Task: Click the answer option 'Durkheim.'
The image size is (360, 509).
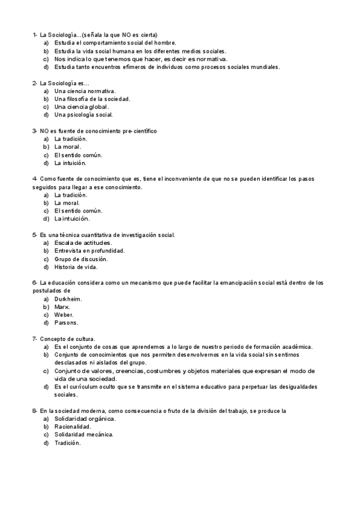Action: point(68,298)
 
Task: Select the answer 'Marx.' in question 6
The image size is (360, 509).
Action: point(62,306)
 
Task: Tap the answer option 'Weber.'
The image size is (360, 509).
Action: point(64,315)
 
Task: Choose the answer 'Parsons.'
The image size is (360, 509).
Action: point(67,322)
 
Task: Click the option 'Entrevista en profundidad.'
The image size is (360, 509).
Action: point(89,250)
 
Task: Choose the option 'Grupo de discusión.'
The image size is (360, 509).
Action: point(81,259)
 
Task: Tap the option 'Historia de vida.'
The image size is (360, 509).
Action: point(76,267)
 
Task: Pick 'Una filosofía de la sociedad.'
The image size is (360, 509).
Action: point(92,98)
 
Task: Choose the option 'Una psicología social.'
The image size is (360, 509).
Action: point(83,114)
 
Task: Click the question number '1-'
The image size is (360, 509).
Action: point(35,35)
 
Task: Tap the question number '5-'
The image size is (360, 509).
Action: point(35,235)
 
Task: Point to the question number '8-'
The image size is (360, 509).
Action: point(35,411)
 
